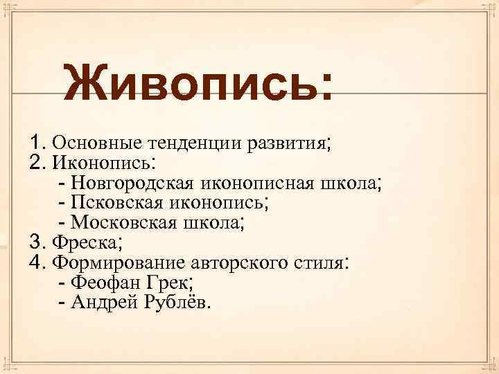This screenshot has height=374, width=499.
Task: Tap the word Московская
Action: pos(125,223)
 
